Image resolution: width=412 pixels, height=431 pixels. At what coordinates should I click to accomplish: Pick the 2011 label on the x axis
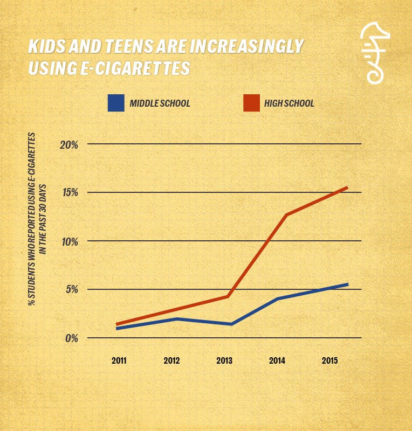coord(119,360)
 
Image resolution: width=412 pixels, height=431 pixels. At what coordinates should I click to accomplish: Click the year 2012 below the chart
coord(172,360)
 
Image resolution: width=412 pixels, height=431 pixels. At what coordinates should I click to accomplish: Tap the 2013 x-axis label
coord(225,360)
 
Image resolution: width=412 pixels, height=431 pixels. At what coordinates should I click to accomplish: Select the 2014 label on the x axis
coord(278,360)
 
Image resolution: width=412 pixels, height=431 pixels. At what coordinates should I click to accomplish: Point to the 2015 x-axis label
coord(331,360)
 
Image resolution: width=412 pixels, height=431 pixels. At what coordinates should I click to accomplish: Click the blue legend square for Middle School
coord(116,103)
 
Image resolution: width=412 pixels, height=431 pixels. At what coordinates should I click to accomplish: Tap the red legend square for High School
coord(251,103)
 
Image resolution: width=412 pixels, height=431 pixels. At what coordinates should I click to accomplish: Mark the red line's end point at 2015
coord(347,187)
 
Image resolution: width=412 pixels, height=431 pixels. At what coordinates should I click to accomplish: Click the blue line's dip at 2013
coord(231,324)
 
